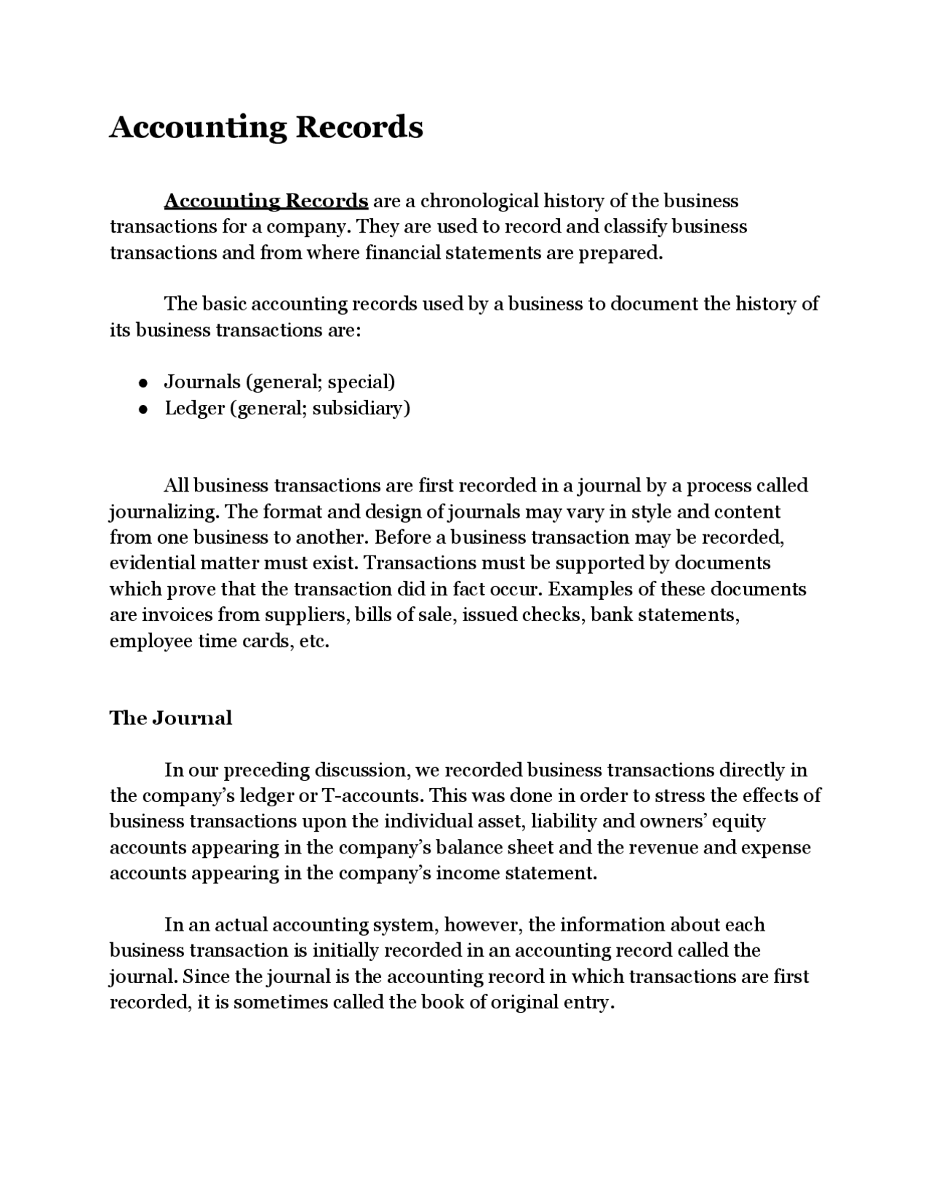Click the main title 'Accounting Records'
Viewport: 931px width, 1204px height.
pyautogui.click(x=265, y=127)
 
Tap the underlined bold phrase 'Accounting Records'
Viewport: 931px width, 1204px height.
pyautogui.click(x=266, y=201)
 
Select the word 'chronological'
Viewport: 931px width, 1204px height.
pyautogui.click(x=480, y=201)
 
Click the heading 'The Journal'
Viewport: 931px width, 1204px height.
pyautogui.click(x=171, y=718)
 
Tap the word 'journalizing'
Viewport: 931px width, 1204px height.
pyautogui.click(x=164, y=512)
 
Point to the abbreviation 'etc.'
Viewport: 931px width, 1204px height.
pyautogui.click(x=314, y=641)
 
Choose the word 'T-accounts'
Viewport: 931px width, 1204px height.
pyautogui.click(x=371, y=795)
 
